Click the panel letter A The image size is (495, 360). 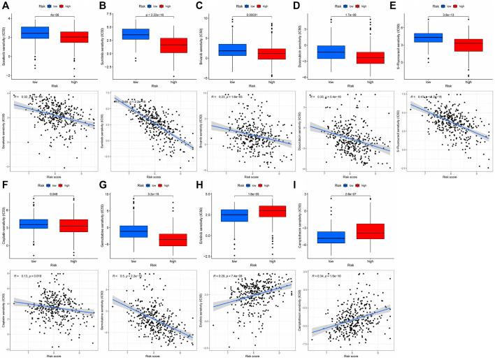[x=5, y=5]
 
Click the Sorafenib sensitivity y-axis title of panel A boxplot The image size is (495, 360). [x=5, y=47]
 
